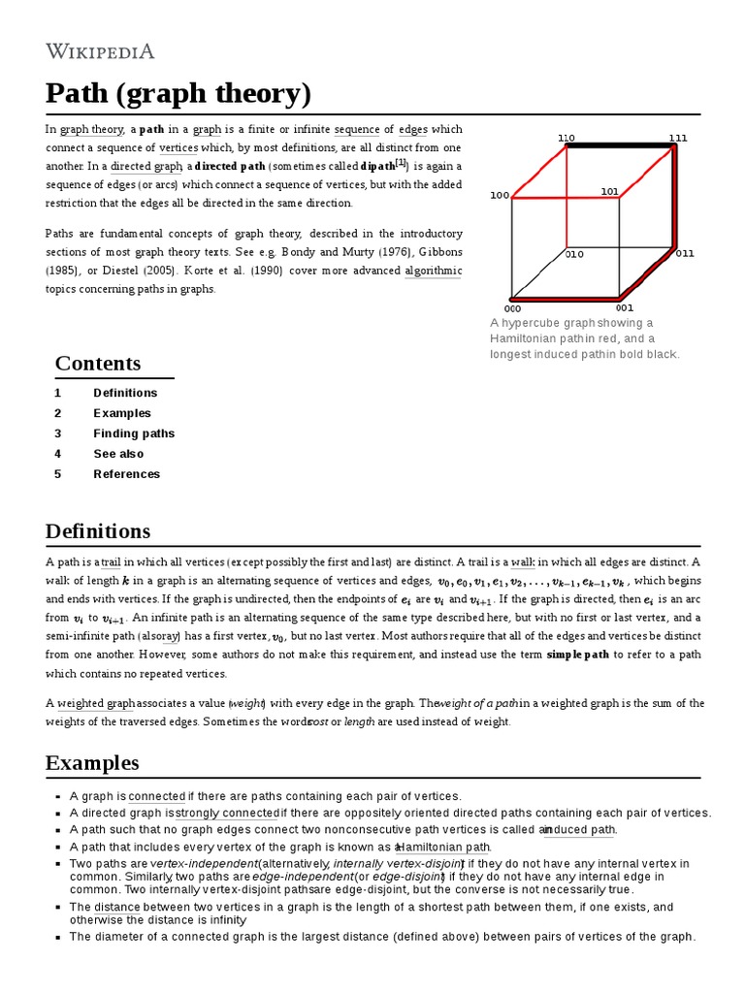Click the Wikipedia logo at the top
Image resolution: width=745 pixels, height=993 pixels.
[100, 51]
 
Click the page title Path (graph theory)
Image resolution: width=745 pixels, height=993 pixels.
[178, 94]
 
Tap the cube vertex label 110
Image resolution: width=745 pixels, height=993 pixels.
[566, 138]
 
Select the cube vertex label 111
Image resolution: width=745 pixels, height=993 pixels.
[677, 138]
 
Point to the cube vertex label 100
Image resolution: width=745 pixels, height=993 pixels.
[499, 195]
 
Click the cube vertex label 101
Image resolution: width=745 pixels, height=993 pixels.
[609, 191]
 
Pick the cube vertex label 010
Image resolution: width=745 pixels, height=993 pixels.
[575, 254]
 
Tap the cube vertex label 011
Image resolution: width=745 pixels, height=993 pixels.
[685, 253]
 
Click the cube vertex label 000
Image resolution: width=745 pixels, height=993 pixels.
[512, 308]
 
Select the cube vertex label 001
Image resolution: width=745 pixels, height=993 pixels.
[624, 308]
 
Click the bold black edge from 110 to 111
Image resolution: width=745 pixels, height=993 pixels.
[621, 146]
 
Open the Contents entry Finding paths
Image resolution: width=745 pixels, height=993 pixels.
[134, 433]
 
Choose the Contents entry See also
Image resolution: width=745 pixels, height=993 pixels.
[118, 454]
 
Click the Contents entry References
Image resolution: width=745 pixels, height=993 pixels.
[126, 474]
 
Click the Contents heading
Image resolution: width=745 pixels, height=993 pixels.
[98, 364]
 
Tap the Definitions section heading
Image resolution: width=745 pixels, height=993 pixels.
[98, 531]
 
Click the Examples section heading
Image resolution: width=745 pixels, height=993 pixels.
[92, 762]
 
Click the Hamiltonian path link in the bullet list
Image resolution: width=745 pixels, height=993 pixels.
[444, 847]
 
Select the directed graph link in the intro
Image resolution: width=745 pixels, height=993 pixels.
[146, 166]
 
